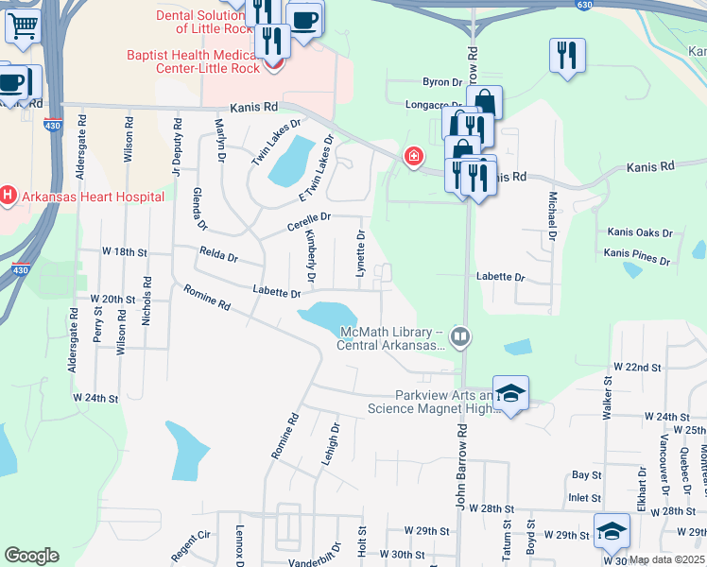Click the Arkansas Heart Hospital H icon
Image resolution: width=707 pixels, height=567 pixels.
click(9, 197)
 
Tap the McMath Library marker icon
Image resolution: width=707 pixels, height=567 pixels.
click(460, 335)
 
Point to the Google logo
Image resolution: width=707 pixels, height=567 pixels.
click(31, 556)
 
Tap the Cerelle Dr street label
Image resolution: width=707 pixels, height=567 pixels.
click(309, 222)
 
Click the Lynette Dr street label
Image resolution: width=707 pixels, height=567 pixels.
click(360, 247)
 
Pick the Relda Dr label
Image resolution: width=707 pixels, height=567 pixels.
click(218, 254)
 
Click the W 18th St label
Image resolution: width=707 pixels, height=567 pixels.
click(126, 252)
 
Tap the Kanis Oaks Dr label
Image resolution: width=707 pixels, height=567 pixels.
click(640, 232)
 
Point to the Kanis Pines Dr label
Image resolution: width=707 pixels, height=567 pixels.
click(637, 255)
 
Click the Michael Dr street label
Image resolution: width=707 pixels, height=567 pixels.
click(551, 216)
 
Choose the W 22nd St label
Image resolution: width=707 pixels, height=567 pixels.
click(636, 366)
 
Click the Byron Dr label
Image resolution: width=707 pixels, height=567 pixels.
click(442, 83)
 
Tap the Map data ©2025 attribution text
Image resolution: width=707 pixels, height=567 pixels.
click(664, 559)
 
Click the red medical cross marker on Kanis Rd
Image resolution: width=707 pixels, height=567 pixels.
click(413, 157)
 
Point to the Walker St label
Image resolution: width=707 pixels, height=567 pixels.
click(608, 398)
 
